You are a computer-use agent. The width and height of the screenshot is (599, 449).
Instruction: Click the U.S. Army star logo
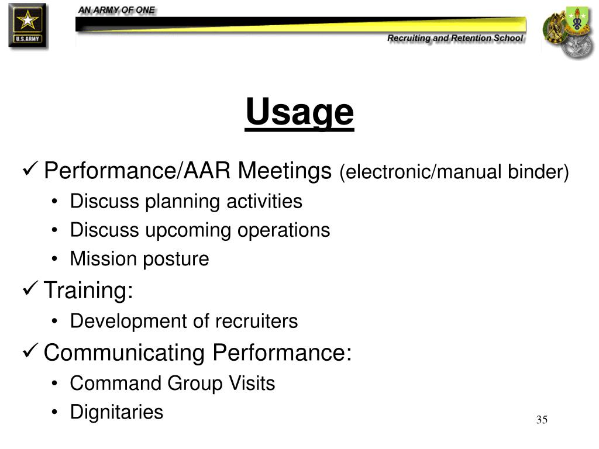pyautogui.click(x=28, y=25)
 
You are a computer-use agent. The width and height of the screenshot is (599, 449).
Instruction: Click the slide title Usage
pyautogui.click(x=299, y=112)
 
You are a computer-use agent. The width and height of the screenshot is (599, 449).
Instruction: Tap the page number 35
pyautogui.click(x=542, y=420)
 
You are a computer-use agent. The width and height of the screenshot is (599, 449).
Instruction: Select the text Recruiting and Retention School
pyautogui.click(x=455, y=38)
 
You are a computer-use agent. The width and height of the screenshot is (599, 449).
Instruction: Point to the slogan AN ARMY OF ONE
pyautogui.click(x=116, y=11)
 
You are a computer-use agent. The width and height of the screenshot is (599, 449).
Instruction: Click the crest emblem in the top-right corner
pyautogui.click(x=568, y=32)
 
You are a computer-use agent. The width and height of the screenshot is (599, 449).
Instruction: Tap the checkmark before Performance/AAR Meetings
pyautogui.click(x=30, y=168)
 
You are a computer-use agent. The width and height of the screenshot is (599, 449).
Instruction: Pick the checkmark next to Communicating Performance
pyautogui.click(x=30, y=350)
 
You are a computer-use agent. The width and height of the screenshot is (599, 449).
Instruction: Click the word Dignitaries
pyautogui.click(x=116, y=412)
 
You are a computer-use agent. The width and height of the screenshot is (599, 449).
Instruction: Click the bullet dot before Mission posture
pyautogui.click(x=54, y=259)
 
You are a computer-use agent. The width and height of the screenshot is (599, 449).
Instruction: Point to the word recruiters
pyautogui.click(x=256, y=321)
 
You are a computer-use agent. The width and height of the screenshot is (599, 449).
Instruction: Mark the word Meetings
pyautogui.click(x=285, y=171)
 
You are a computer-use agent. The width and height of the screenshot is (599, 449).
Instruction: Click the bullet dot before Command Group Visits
pyautogui.click(x=54, y=384)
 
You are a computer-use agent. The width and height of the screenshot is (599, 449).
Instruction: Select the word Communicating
pyautogui.click(x=124, y=353)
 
